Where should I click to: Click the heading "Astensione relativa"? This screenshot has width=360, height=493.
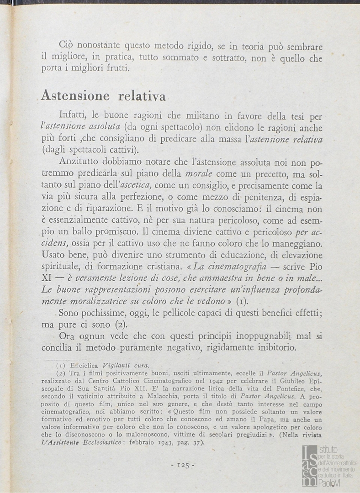(103, 95)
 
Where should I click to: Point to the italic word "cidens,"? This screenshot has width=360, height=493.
(55, 243)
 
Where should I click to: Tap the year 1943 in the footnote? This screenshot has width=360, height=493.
(173, 443)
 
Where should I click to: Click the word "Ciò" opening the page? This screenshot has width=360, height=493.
(67, 46)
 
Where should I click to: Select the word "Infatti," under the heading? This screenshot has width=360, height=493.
(74, 116)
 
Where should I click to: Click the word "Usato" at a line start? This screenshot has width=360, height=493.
(53, 255)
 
